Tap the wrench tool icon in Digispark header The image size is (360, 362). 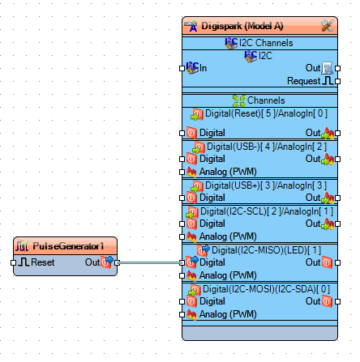coord(326,26)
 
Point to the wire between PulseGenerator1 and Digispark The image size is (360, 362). coord(150,262)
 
